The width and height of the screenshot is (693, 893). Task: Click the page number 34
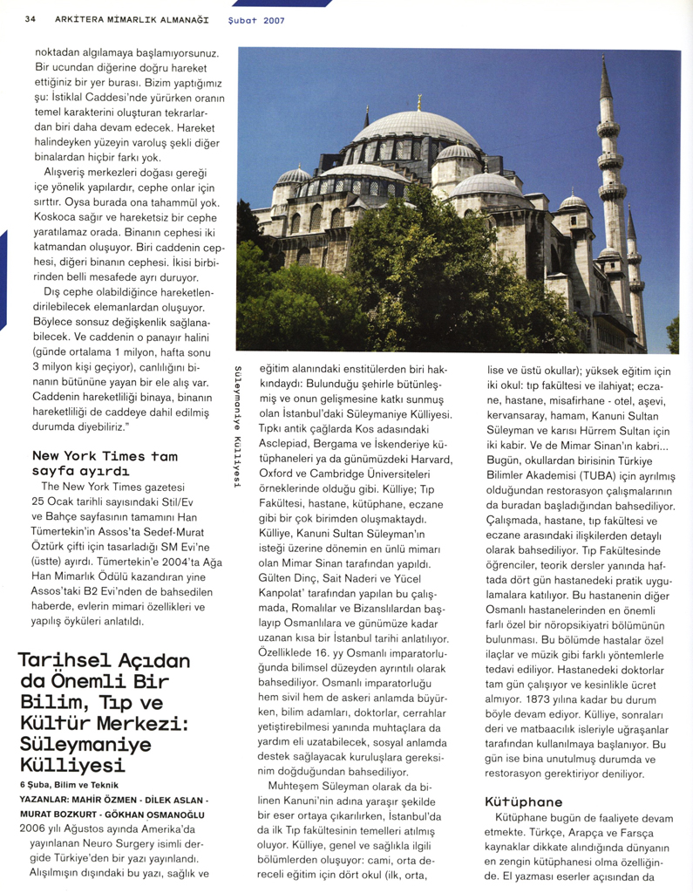pyautogui.click(x=31, y=18)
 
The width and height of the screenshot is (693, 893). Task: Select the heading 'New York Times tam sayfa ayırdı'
pyautogui.click(x=105, y=463)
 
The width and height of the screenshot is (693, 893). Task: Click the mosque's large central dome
pyautogui.click(x=418, y=126)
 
